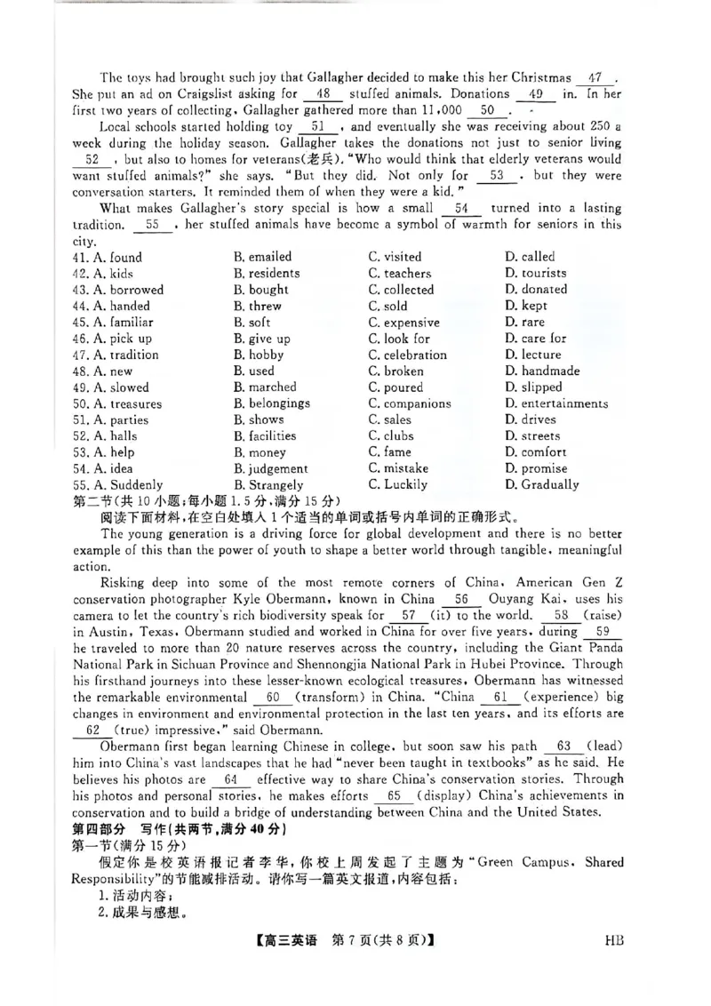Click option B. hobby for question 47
(259, 355)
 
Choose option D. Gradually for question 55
(541, 484)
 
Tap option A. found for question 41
(108, 257)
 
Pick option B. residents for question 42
(267, 274)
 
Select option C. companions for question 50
(410, 403)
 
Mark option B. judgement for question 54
(270, 468)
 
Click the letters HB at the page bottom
(613, 963)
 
